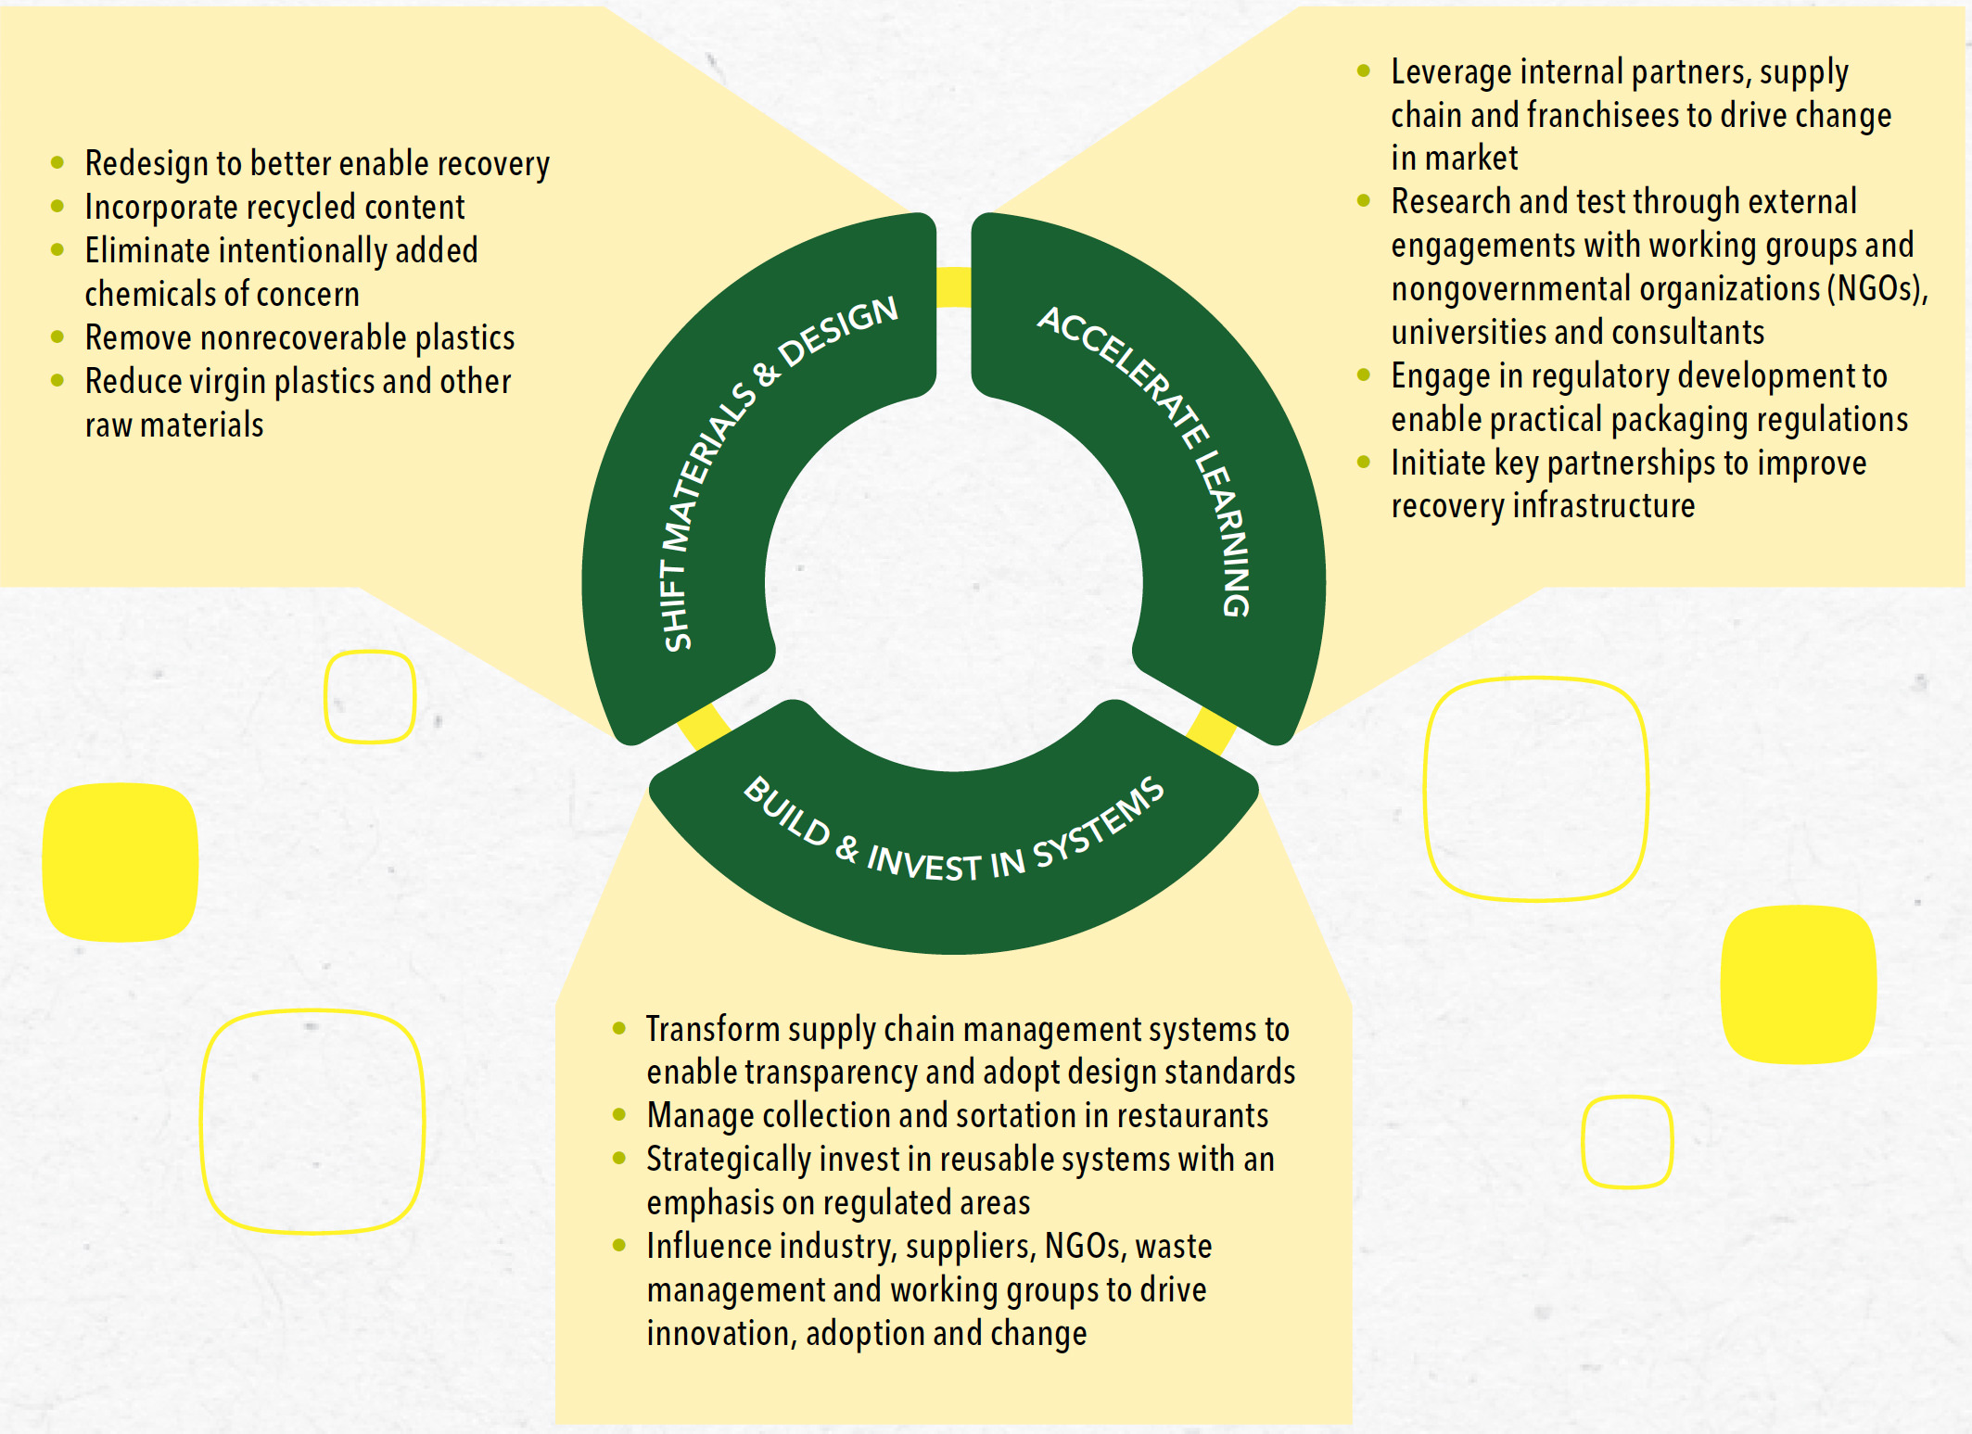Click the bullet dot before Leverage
pyautogui.click(x=1363, y=70)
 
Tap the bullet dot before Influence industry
pyautogui.click(x=619, y=1245)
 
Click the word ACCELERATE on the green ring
pyautogui.click(x=1123, y=377)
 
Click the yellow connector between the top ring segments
pyautogui.click(x=953, y=286)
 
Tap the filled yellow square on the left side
pyautogui.click(x=121, y=862)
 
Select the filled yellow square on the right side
pyautogui.click(x=1799, y=983)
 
